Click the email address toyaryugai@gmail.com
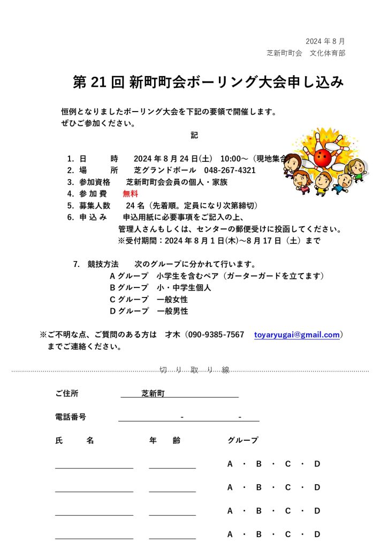[x=296, y=335]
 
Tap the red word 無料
[x=130, y=194]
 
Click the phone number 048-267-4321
[x=230, y=170]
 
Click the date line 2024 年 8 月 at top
[x=325, y=41]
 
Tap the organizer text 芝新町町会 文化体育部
[x=306, y=53]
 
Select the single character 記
[x=194, y=135]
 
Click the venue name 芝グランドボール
[x=165, y=170]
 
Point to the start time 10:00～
[x=234, y=159]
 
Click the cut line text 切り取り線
[x=194, y=370]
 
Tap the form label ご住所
[x=66, y=394]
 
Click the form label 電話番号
[x=70, y=417]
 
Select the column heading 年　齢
[x=165, y=440]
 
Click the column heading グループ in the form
[x=242, y=440]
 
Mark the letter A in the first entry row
[x=230, y=464]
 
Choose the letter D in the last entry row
[x=317, y=534]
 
